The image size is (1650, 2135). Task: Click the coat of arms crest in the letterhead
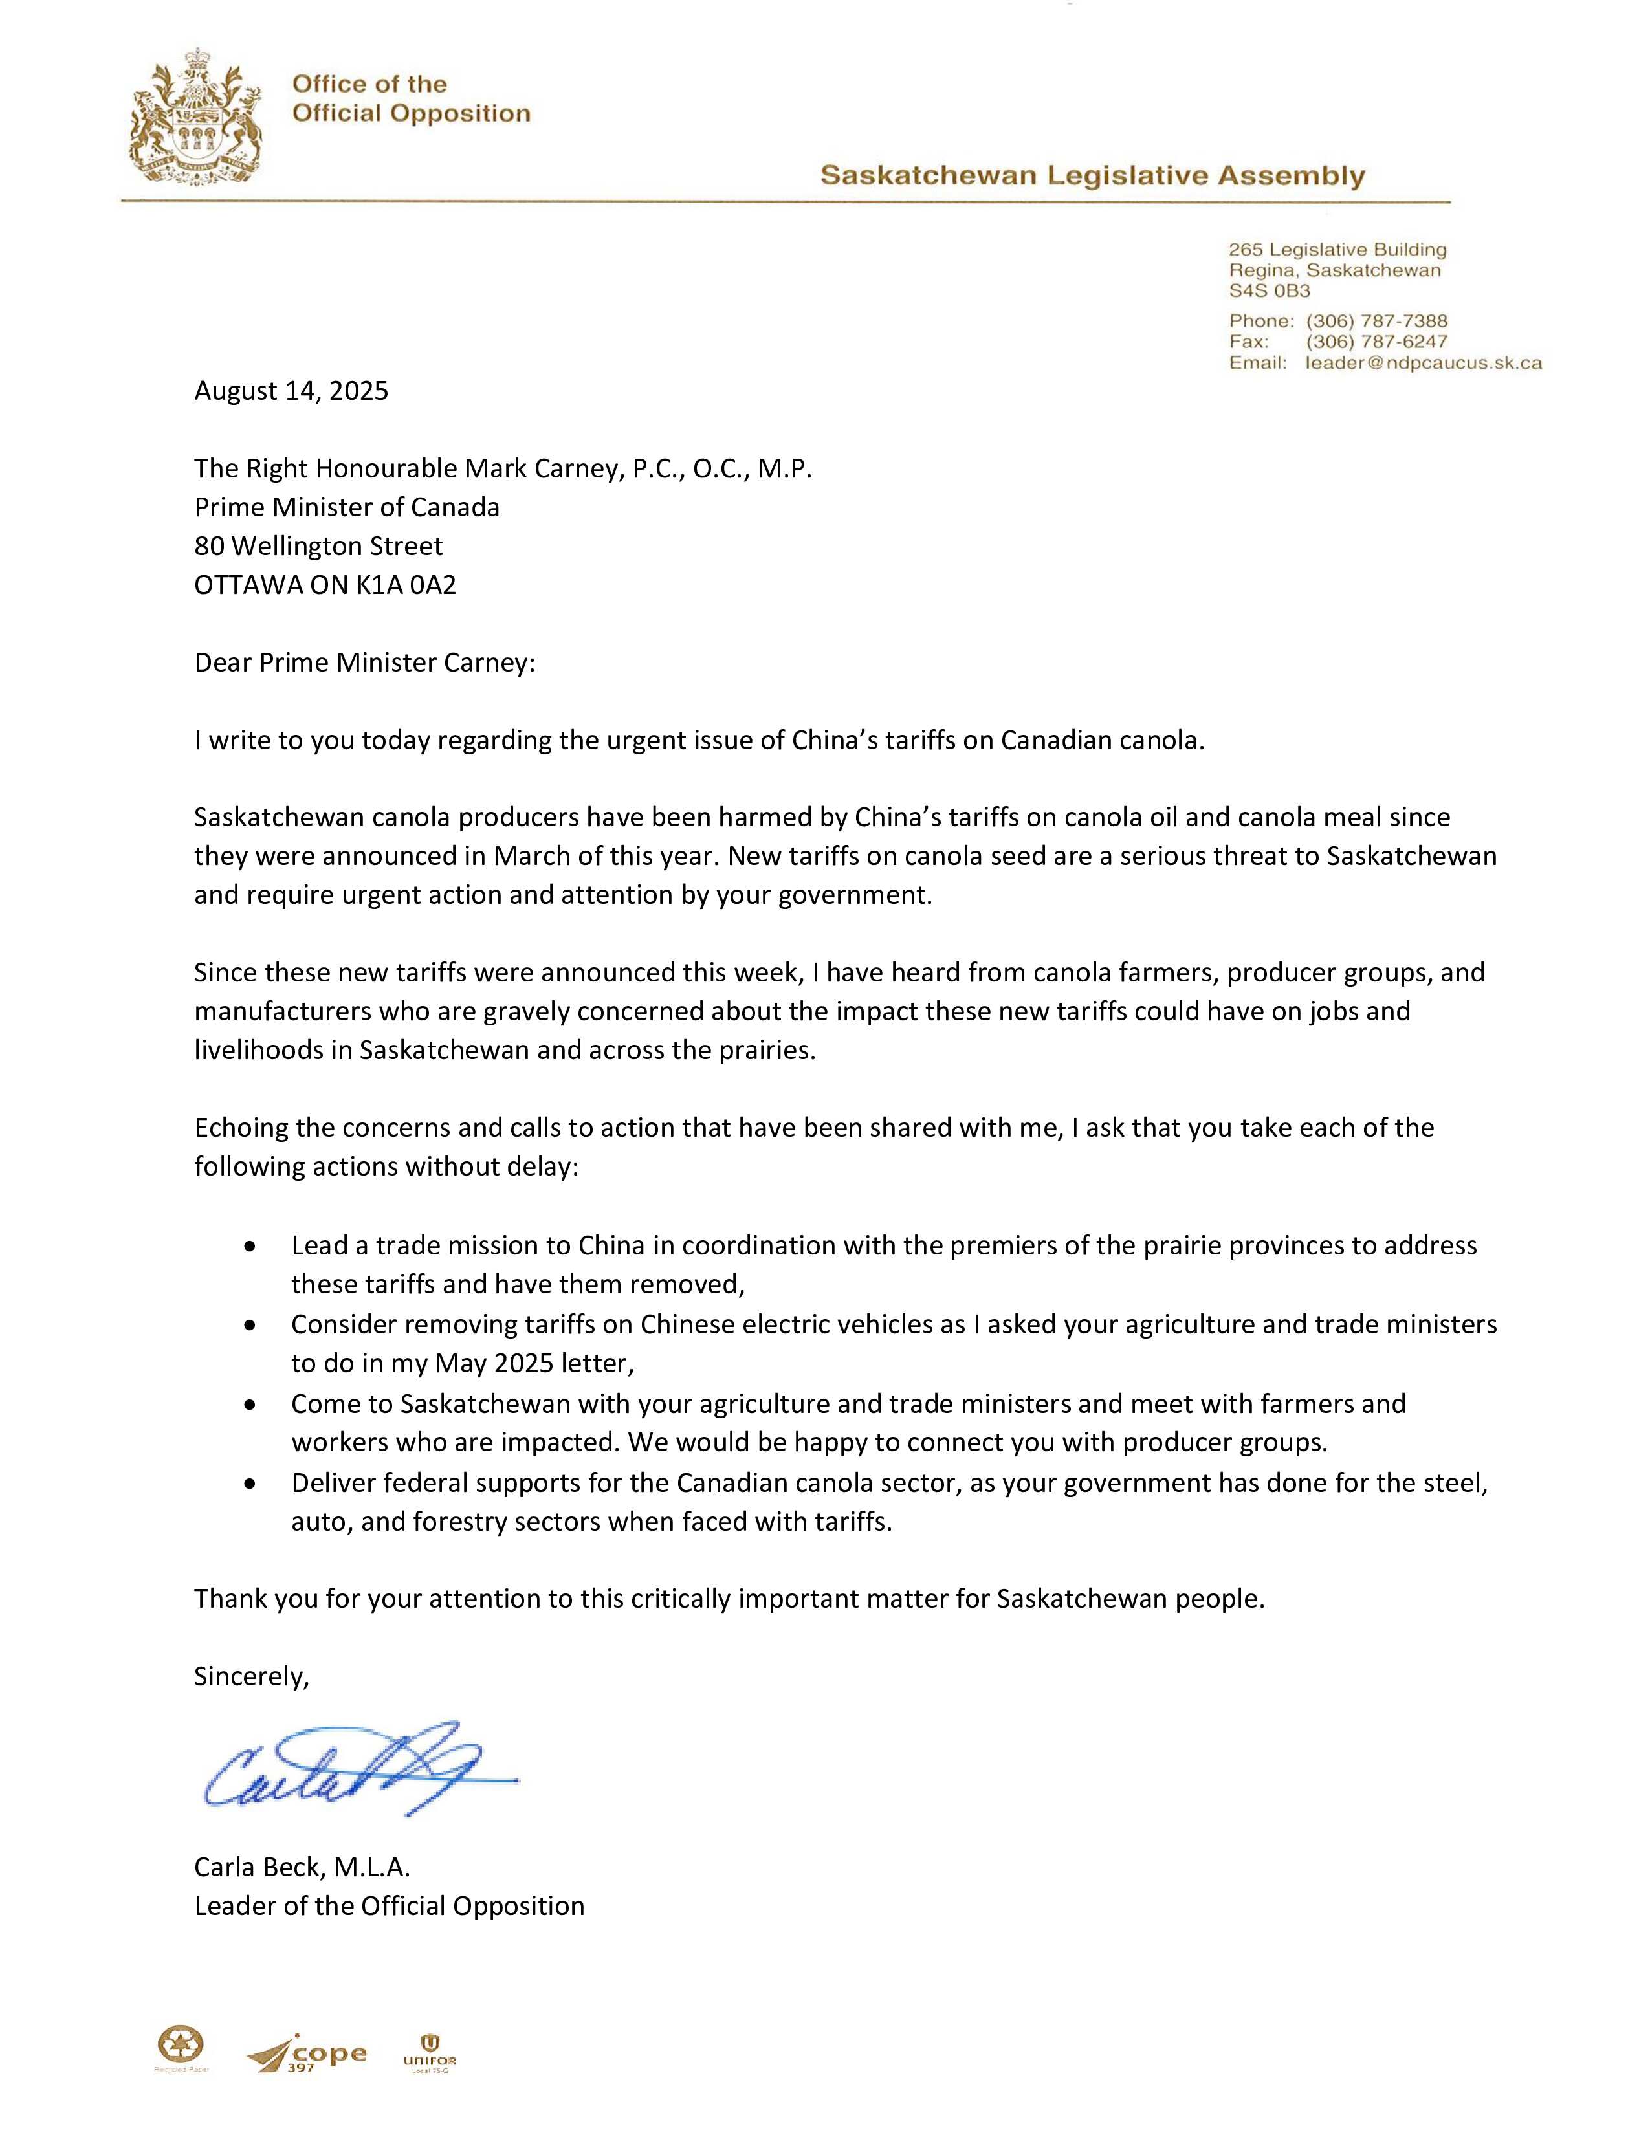(195, 115)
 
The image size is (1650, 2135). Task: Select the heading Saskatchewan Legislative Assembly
(1092, 176)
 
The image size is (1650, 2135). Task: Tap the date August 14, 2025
(291, 391)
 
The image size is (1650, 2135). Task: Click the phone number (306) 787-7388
(1376, 321)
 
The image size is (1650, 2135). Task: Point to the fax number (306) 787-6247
(1376, 341)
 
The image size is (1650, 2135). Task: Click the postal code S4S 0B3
(1269, 290)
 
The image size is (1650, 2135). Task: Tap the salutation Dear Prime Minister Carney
(364, 662)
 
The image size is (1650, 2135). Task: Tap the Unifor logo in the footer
(429, 2053)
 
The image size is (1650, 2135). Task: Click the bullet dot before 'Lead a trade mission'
(251, 1247)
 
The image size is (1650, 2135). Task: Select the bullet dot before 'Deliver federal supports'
(251, 1484)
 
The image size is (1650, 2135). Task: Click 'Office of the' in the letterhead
(369, 84)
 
